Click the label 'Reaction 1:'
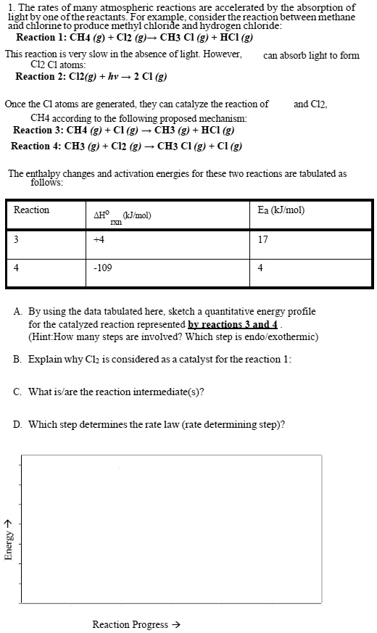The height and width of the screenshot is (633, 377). coord(39,38)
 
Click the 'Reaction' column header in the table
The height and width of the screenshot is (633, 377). coord(32,210)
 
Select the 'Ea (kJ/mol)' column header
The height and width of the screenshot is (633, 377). coord(281,210)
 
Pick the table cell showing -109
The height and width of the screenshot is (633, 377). coord(103,268)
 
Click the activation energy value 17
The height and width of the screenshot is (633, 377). coord(262,240)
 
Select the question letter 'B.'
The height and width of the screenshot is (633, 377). coord(17,359)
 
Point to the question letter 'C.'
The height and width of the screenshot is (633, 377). coord(17,392)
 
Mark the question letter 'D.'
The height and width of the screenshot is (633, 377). coord(17,424)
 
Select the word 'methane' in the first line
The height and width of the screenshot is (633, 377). coord(336,17)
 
